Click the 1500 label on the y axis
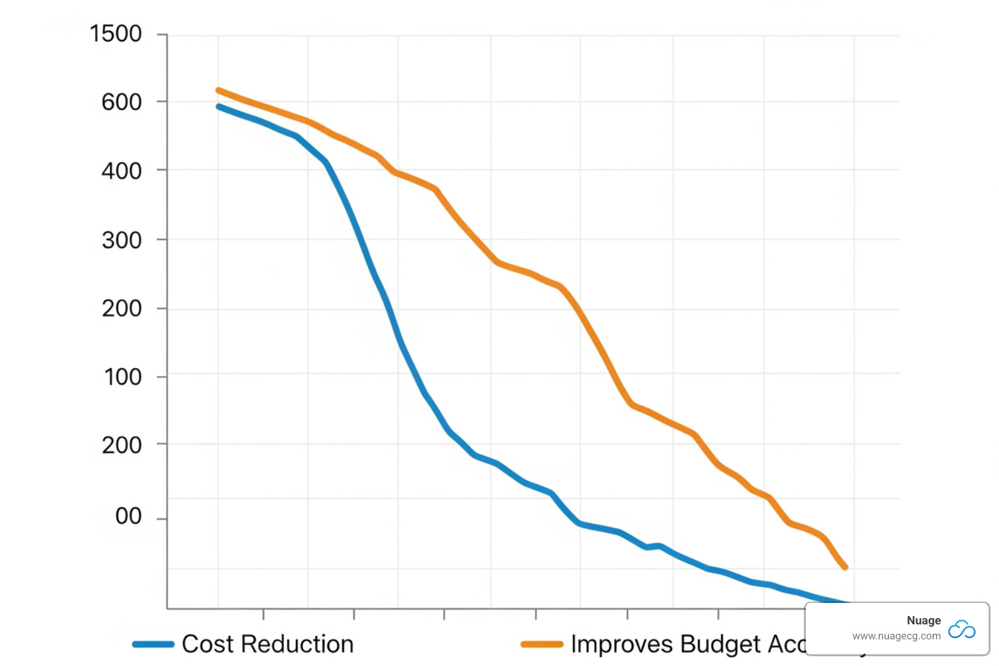[116, 34]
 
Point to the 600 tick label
[122, 102]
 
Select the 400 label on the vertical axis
[122, 171]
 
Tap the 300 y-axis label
[122, 241]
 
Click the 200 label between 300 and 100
[122, 308]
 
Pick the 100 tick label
[123, 377]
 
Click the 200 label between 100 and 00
[122, 446]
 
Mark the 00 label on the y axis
[128, 516]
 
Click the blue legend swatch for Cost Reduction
[153, 645]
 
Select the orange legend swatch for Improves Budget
[542, 645]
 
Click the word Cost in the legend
[207, 644]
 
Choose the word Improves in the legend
[622, 644]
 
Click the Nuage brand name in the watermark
[924, 620]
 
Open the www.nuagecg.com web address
[896, 636]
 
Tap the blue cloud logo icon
[962, 629]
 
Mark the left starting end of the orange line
[219, 90]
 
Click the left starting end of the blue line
[219, 106]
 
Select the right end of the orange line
[846, 567]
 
